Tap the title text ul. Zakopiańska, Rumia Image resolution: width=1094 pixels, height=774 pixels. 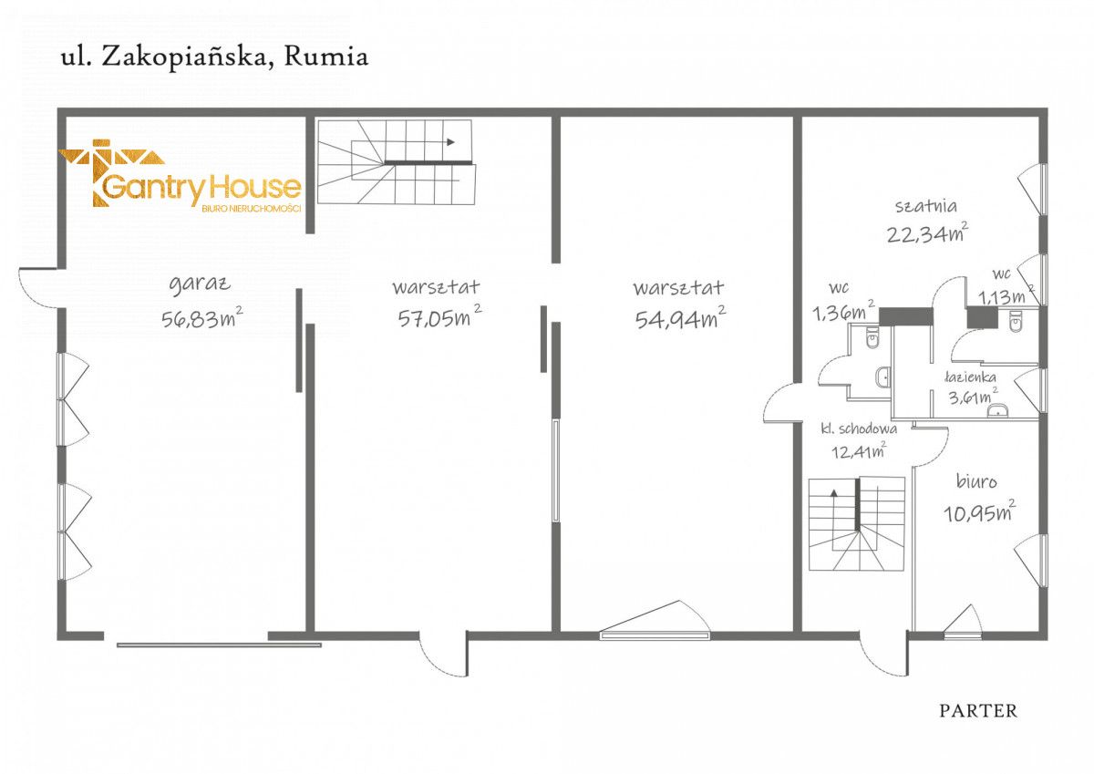[214, 57]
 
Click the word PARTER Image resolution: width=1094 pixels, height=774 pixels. [978, 711]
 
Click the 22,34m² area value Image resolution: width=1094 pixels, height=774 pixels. [926, 233]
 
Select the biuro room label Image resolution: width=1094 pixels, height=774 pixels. [977, 480]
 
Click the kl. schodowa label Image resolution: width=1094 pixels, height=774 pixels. [859, 428]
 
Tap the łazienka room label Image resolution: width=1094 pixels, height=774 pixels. [969, 376]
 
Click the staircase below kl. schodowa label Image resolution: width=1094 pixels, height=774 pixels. [856, 524]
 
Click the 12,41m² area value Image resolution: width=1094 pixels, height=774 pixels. [858, 448]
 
